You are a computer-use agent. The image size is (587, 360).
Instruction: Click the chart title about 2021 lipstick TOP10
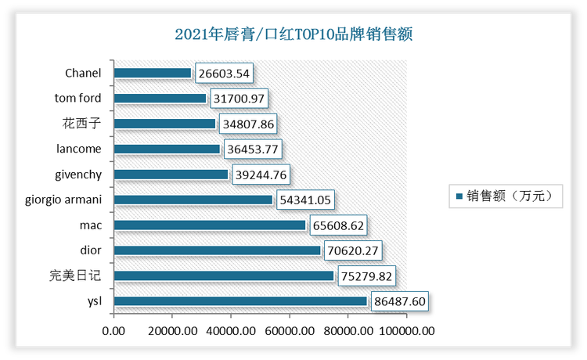pos(293,34)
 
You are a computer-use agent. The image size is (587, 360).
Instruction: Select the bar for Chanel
pos(153,74)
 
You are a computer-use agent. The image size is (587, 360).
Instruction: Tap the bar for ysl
pos(240,301)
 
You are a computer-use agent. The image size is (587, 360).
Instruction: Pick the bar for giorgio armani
pos(193,200)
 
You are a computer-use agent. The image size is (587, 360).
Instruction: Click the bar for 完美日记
pos(224,276)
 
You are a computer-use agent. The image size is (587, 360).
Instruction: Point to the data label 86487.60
pos(401,301)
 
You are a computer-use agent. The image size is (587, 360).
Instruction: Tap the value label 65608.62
pos(340,225)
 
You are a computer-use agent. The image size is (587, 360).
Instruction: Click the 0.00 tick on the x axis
pos(113,330)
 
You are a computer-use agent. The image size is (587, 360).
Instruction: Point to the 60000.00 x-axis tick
pos(290,330)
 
